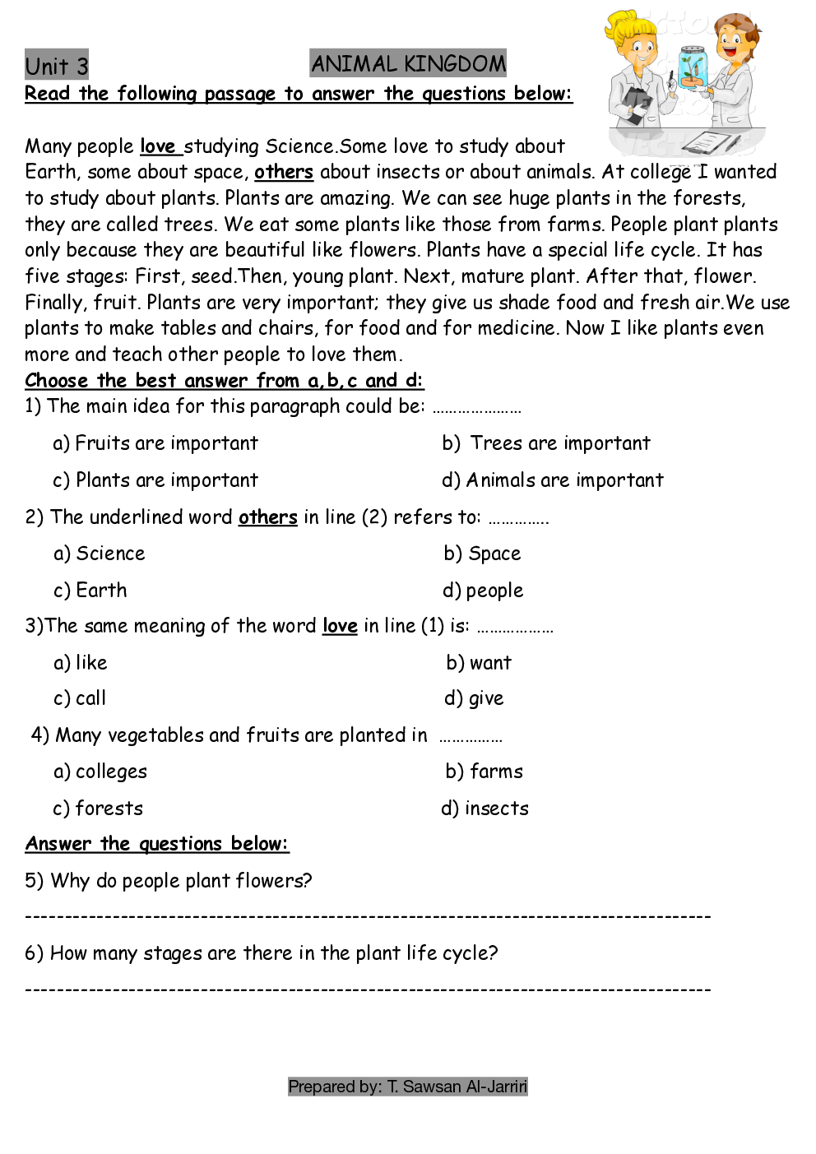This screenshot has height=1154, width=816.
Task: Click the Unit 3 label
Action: pos(56,65)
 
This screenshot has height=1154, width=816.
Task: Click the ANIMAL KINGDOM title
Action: pos(408,63)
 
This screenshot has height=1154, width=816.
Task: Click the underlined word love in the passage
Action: pos(158,146)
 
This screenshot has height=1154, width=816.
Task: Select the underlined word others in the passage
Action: pos(284,172)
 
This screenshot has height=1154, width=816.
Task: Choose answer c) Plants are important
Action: pos(155,480)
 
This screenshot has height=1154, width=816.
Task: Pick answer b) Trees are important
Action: pos(546,443)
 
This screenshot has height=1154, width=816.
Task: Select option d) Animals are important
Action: pos(553,480)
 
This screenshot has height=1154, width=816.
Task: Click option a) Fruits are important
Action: pos(155,443)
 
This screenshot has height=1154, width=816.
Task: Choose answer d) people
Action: pos(483,591)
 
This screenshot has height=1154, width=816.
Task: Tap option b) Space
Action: pos(482,554)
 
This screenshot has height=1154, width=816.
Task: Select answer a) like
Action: pos(81,663)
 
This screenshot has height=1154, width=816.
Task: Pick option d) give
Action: pos(474,698)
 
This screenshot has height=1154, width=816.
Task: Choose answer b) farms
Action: pos(484,772)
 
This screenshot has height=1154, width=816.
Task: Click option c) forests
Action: pos(98,809)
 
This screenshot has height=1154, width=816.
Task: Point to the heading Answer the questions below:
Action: pos(157,844)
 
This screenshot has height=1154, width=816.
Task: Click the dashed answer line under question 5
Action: pos(368,916)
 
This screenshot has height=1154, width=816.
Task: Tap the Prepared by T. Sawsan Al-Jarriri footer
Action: pos(408,1087)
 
